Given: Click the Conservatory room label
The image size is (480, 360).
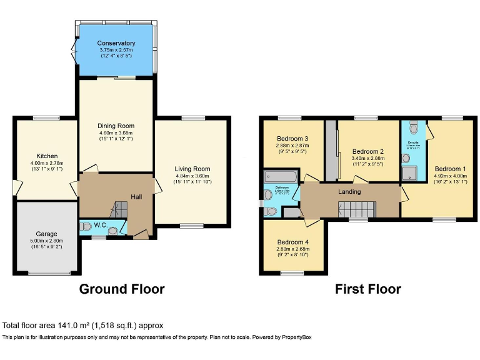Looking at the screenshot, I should point(116,43).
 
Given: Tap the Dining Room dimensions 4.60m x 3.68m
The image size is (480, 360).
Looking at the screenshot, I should point(116,133).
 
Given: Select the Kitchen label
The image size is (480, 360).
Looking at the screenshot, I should point(47,156).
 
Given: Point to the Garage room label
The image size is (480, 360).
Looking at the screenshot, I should point(47,234).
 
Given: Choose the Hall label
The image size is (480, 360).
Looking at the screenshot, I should point(136,197).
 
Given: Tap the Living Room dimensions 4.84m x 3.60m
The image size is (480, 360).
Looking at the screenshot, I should point(192,176).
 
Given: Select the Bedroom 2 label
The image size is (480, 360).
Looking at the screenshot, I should point(368,151).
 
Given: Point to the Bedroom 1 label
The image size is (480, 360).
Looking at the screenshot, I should point(450,169).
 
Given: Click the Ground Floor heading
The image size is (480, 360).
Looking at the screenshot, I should point(122,289).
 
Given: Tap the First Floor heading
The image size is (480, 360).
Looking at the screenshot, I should point(367,289).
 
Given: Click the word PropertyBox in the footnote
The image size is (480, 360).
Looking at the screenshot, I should point(294,337).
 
